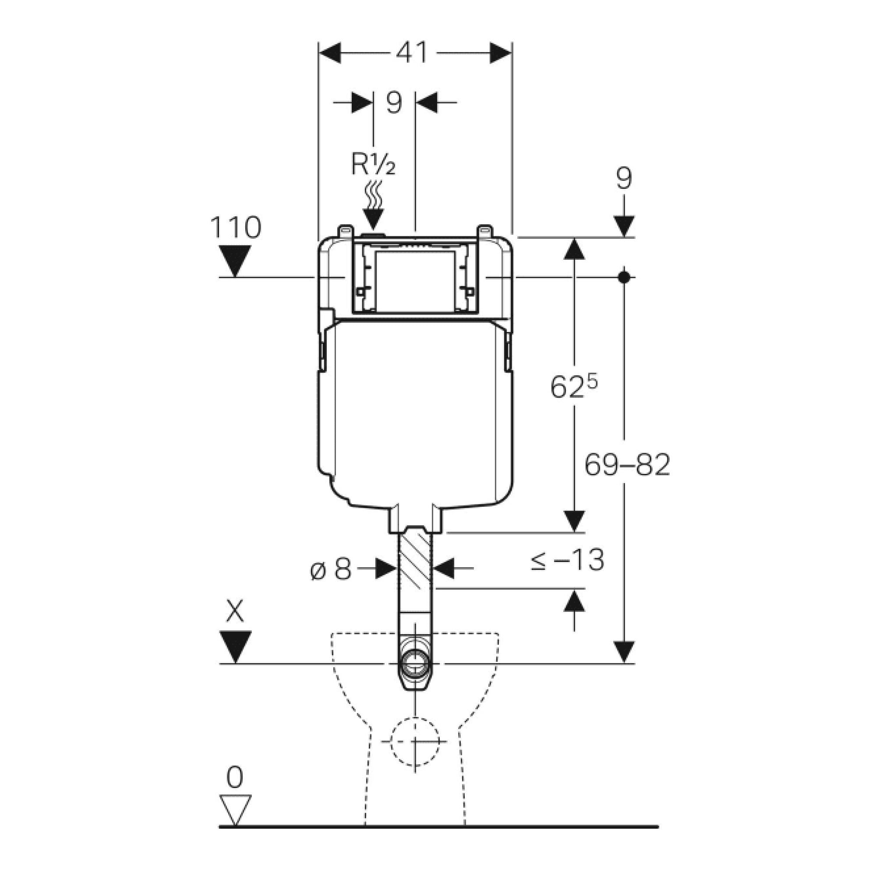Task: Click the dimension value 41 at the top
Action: point(412,53)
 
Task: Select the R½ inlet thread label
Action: point(373,165)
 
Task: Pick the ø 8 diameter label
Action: point(332,569)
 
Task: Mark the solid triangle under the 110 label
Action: point(234,259)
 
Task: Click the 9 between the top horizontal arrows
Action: point(394,102)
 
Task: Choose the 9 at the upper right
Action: point(624,179)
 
